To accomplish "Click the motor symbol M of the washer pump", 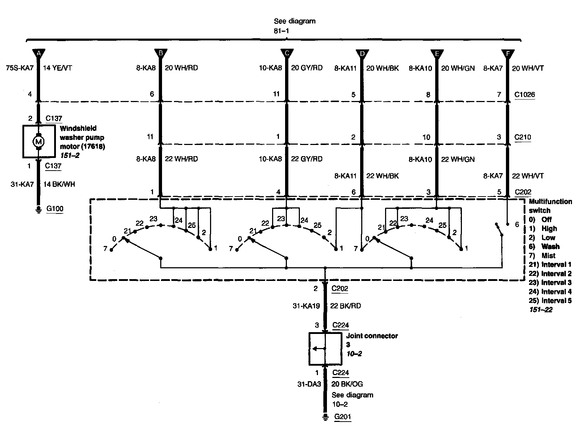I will click(38, 142).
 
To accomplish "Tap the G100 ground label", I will click(55, 209).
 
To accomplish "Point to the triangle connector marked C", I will click(287, 53).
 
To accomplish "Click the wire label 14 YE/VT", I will click(57, 68).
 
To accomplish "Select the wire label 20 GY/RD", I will click(306, 68).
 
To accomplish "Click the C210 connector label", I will click(523, 137).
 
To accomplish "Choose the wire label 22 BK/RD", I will click(345, 306).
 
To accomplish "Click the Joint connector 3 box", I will click(325, 349).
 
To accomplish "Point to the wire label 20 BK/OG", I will click(347, 384).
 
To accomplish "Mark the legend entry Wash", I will click(550, 247).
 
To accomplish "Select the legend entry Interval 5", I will click(556, 301).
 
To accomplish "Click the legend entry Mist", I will click(548, 256).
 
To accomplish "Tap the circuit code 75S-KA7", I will click(20, 68).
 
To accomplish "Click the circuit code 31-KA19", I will click(306, 306).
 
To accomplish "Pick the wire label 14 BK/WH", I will click(59, 184).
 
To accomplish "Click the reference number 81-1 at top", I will click(281, 31).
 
